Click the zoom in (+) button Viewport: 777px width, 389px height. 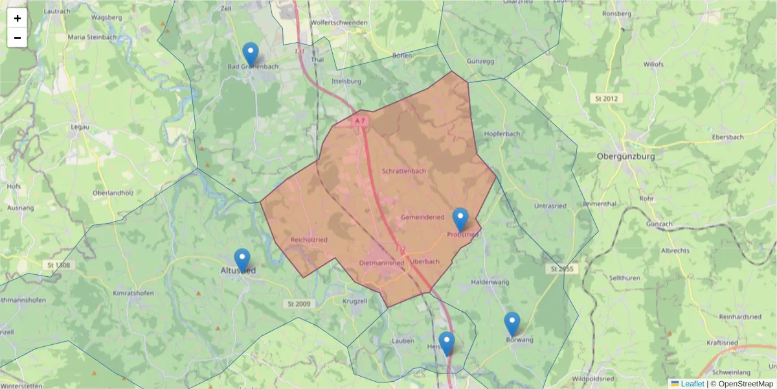pyautogui.click(x=17, y=18)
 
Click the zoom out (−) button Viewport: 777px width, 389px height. pyautogui.click(x=17, y=38)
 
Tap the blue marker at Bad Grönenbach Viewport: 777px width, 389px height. pyautogui.click(x=250, y=53)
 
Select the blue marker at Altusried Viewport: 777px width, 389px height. pyautogui.click(x=242, y=259)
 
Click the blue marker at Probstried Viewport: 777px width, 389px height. pyautogui.click(x=460, y=219)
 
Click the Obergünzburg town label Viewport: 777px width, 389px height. pyautogui.click(x=625, y=156)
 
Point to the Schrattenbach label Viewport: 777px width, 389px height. pyautogui.click(x=404, y=171)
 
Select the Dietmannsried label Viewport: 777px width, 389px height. pyautogui.click(x=381, y=263)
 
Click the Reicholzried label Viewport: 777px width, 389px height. pyautogui.click(x=309, y=240)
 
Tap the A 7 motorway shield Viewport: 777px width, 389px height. pyautogui.click(x=361, y=121)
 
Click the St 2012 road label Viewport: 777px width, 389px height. pyautogui.click(x=606, y=99)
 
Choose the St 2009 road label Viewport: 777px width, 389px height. pyautogui.click(x=298, y=303)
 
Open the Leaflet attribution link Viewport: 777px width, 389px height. pyautogui.click(x=692, y=384)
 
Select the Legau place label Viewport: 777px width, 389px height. pyautogui.click(x=80, y=127)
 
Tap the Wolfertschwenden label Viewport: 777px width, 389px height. pyautogui.click(x=339, y=23)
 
